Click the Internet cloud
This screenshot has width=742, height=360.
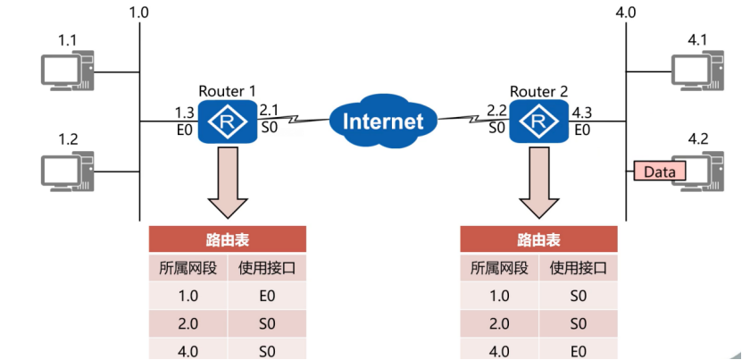click(x=383, y=121)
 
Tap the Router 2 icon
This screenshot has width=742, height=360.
click(x=538, y=121)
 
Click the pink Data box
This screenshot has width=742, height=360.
click(x=659, y=170)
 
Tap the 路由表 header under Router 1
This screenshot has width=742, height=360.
click(x=228, y=239)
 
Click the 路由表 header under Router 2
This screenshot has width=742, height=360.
click(x=539, y=239)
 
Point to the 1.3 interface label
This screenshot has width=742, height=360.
click(x=185, y=113)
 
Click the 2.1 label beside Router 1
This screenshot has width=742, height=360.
click(x=269, y=111)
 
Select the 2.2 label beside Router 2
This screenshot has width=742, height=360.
click(x=497, y=111)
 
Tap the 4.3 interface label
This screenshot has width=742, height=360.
click(x=581, y=113)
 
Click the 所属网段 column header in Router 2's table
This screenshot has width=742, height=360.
click(x=499, y=267)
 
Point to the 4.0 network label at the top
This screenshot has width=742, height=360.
click(x=625, y=14)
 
